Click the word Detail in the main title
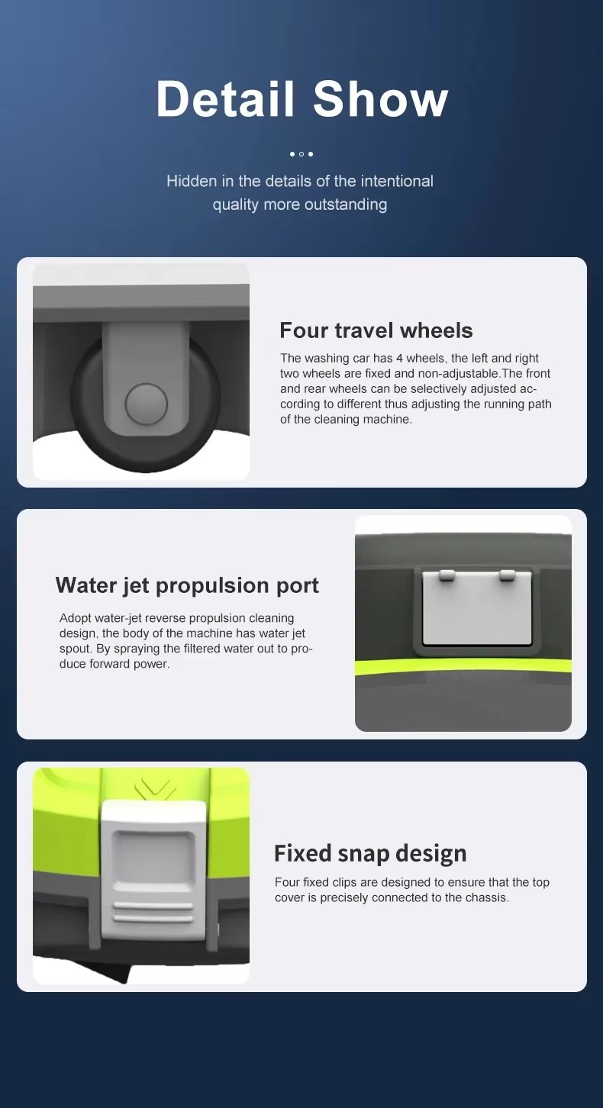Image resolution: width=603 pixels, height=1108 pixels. (x=225, y=98)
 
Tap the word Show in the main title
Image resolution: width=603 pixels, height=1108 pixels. (x=380, y=98)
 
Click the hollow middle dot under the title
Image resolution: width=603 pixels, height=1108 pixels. (x=301, y=154)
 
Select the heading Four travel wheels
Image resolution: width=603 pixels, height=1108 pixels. (x=376, y=330)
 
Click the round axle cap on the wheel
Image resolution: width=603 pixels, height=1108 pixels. (x=147, y=404)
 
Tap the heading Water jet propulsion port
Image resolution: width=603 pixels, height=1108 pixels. (x=187, y=585)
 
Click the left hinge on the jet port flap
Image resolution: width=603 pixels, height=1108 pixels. (x=447, y=575)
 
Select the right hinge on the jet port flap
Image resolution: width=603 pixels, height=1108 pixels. (x=507, y=575)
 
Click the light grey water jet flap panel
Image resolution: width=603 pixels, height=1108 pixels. (x=477, y=611)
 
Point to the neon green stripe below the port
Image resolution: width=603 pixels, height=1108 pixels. (x=463, y=665)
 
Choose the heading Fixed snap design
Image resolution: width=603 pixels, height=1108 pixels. (x=370, y=853)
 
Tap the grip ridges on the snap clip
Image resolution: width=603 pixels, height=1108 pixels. (x=153, y=912)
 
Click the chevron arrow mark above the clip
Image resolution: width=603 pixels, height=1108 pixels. (x=155, y=788)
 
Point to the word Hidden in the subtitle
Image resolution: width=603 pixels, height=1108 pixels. (x=192, y=181)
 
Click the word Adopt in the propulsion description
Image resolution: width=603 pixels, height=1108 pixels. (x=76, y=618)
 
